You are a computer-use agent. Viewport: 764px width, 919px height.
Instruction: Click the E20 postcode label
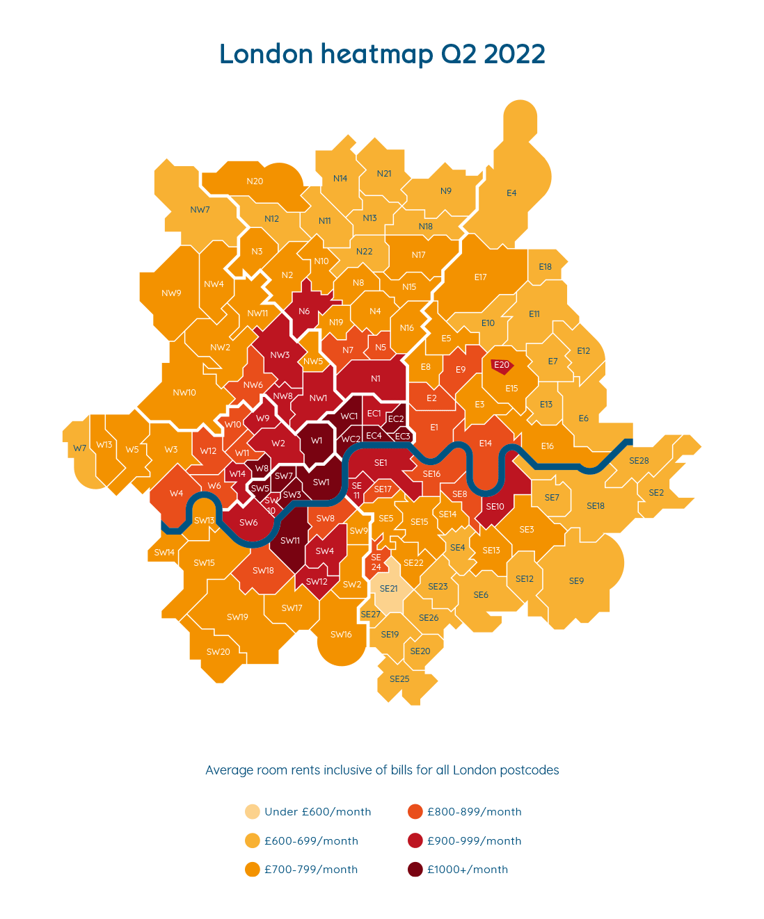501,365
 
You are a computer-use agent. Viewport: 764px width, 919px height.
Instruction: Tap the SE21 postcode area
388,588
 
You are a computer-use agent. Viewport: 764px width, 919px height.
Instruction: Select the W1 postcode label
317,441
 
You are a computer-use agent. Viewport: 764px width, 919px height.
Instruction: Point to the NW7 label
200,210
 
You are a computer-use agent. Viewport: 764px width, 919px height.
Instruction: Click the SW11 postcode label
290,541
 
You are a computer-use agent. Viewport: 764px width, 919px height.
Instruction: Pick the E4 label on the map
511,193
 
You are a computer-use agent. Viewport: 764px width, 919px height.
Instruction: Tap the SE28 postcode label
639,461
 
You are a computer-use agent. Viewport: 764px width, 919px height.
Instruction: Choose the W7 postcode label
80,448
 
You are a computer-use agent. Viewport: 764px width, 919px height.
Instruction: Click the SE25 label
399,679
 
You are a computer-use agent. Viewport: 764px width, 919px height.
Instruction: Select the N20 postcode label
255,181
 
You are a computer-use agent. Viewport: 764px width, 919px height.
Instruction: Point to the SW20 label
218,652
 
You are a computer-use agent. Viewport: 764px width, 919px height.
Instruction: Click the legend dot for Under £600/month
253,812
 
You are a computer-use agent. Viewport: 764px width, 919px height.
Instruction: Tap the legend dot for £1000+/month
415,870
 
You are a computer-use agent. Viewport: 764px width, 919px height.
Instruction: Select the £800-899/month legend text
474,812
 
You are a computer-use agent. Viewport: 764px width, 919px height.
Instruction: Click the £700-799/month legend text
311,870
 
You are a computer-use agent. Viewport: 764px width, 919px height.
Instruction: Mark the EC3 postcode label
402,437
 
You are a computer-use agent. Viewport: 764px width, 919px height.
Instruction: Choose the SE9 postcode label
576,581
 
